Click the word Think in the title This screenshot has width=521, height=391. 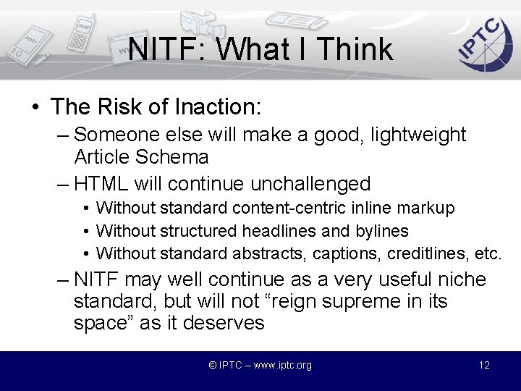pyautogui.click(x=355, y=50)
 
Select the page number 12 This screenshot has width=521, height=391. pyautogui.click(x=484, y=365)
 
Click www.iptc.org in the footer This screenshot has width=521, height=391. pyautogui.click(x=279, y=365)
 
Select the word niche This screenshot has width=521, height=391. pyautogui.click(x=459, y=279)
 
